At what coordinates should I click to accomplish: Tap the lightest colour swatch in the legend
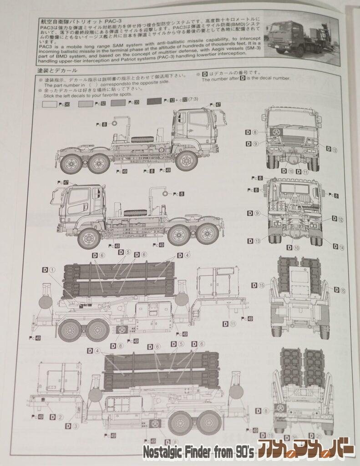[49, 104]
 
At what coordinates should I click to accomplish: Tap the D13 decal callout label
[255, 241]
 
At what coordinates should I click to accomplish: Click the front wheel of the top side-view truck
[186, 161]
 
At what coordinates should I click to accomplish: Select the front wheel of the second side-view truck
[89, 238]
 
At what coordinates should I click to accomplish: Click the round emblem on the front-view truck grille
[276, 132]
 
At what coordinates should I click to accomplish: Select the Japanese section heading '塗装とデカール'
[57, 71]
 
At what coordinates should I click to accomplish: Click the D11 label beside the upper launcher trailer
[228, 324]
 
